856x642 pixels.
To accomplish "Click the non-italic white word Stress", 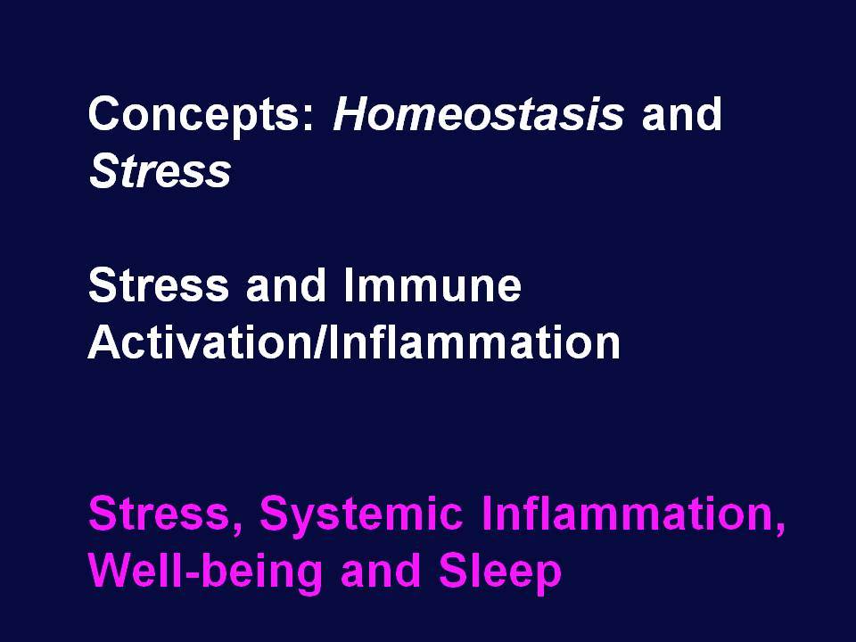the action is click(159, 285).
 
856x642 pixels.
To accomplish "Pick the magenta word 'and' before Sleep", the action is click(381, 570).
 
